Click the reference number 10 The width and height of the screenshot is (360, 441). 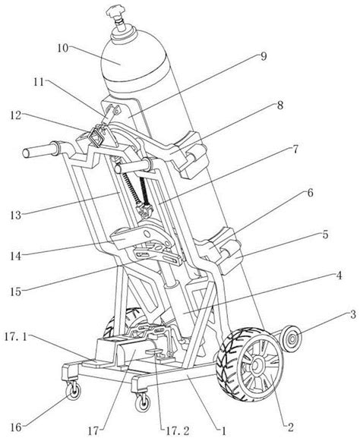pyautogui.click(x=63, y=48)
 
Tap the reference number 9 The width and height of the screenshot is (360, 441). pyautogui.click(x=263, y=56)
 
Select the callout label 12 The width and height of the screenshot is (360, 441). pyautogui.click(x=15, y=115)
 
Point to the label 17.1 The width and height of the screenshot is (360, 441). pyautogui.click(x=16, y=337)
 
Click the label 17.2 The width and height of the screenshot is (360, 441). pyautogui.click(x=176, y=430)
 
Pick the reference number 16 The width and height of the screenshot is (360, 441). pyautogui.click(x=16, y=427)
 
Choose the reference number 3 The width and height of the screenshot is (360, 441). pyautogui.click(x=352, y=315)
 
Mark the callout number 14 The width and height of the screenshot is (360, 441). pyautogui.click(x=16, y=256)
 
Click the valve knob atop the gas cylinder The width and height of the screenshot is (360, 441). pyautogui.click(x=116, y=13)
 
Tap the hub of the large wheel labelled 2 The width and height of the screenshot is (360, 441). pyautogui.click(x=256, y=365)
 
